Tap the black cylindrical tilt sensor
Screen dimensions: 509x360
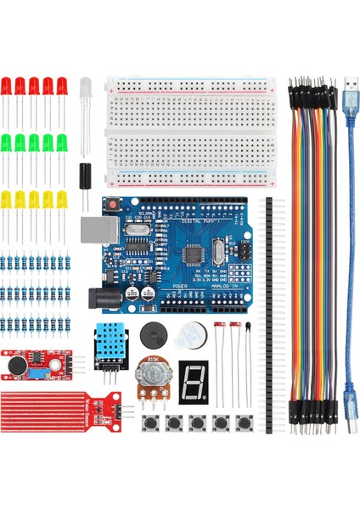click(85, 175)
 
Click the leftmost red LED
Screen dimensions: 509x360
click(6, 87)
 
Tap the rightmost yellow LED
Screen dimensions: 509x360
click(62, 200)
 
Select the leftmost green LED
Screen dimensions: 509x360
click(6, 142)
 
